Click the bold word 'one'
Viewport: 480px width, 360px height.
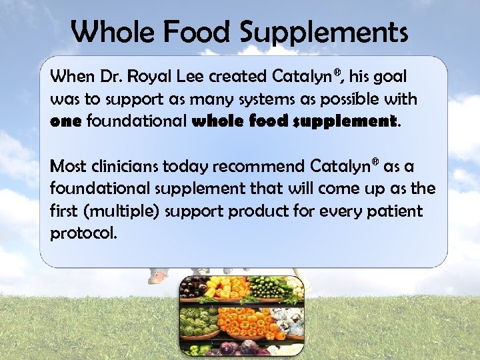click(x=65, y=122)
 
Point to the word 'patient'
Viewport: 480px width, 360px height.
click(x=393, y=212)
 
